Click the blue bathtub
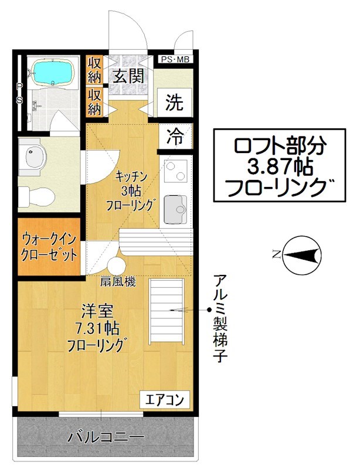coord(52,73)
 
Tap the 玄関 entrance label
coord(126,76)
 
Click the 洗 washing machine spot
coord(174,103)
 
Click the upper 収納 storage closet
coord(94,70)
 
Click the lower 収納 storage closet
coord(94,102)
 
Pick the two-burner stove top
coord(175,171)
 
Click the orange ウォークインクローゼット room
coord(49,247)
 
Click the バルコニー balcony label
coord(106,437)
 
